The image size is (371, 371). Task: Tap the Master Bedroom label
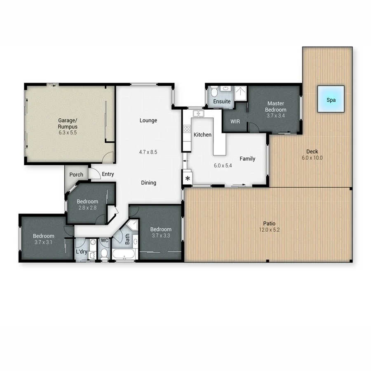[276, 106]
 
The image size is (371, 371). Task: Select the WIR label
[235, 122]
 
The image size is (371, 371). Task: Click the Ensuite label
[222, 101]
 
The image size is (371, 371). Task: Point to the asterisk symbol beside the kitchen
[188, 178]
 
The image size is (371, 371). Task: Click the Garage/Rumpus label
[68, 124]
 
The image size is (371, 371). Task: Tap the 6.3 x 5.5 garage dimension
[68, 133]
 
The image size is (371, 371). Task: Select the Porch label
[76, 175]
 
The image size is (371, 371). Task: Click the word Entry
[108, 174]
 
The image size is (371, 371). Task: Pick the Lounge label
[148, 120]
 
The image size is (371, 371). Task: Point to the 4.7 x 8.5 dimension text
[148, 152]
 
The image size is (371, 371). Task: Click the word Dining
[148, 183]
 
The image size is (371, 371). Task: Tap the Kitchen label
[202, 135]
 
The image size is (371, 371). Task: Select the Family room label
[247, 159]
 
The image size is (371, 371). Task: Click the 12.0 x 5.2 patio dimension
[269, 230]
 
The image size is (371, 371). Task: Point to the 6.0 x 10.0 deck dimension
[312, 158]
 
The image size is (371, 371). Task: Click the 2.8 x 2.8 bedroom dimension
[87, 208]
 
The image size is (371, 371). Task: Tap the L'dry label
[81, 252]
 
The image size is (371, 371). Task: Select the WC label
[104, 240]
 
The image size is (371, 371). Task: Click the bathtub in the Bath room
[124, 255]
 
